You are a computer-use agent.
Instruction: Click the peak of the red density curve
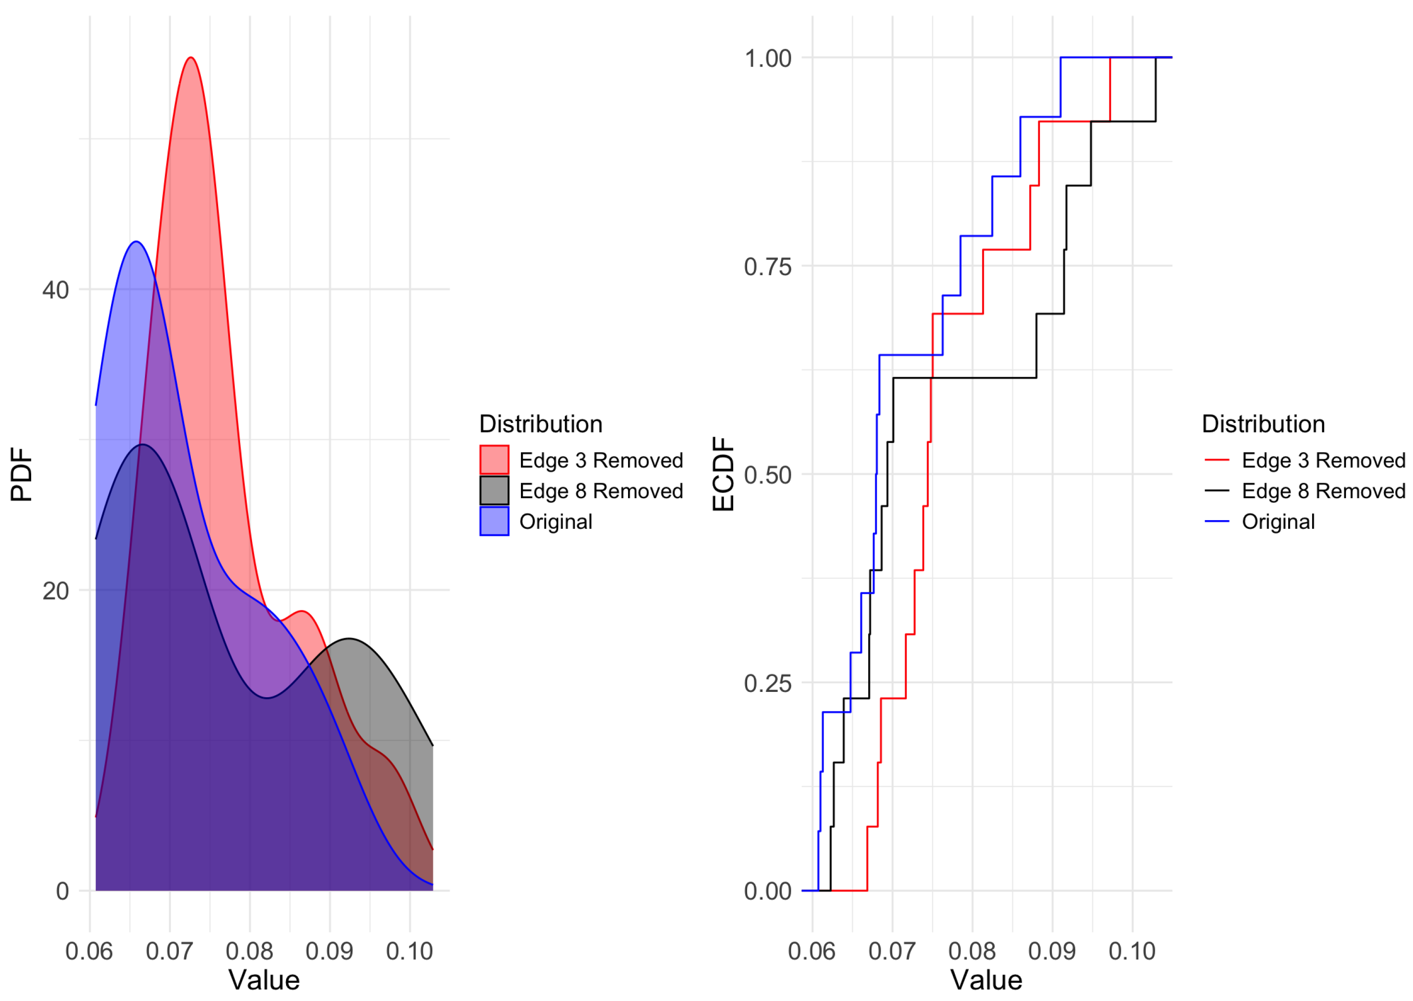pos(191,58)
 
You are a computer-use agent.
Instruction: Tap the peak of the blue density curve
pos(135,242)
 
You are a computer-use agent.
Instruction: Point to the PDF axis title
pos(22,474)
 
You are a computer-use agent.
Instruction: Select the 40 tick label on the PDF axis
pos(55,289)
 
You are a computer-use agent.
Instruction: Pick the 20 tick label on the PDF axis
pos(55,590)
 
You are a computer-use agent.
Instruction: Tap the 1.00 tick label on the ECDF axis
pos(767,58)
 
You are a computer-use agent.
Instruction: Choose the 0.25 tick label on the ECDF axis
pos(767,683)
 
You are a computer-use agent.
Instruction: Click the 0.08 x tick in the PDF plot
pos(250,951)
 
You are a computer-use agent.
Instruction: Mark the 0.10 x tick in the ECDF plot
pos(1132,951)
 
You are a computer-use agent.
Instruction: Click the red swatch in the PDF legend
pos(494,460)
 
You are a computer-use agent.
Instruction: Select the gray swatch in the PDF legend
pos(494,490)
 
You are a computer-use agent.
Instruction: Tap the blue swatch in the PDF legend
pos(494,522)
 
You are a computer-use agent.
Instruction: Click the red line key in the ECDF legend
pos(1216,460)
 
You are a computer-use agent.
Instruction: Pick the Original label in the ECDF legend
pos(1278,522)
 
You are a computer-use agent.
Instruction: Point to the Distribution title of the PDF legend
pos(541,424)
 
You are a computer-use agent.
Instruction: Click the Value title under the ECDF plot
pos(986,980)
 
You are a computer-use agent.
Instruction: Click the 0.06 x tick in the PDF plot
pos(89,951)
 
